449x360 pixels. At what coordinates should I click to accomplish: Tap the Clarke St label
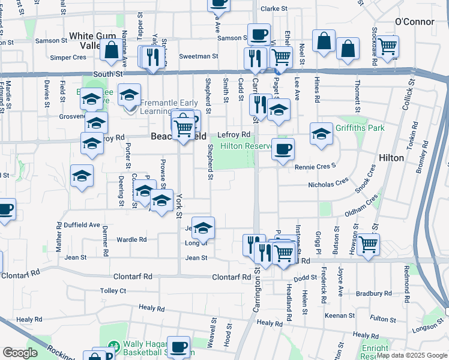pos(275,9)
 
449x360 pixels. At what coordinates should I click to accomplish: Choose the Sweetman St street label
pos(198,56)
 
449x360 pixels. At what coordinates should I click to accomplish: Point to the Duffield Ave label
pos(82,224)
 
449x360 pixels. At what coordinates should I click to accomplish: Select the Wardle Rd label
pos(131,239)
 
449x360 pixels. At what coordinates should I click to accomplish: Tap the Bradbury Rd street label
pos(374,293)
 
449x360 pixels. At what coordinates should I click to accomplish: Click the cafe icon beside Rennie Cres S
pos(283,149)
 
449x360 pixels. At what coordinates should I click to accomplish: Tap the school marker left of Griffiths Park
pos(321,133)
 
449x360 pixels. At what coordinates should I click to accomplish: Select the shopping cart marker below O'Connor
pos(388,46)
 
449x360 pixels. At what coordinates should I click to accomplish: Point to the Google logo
pos(20,353)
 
